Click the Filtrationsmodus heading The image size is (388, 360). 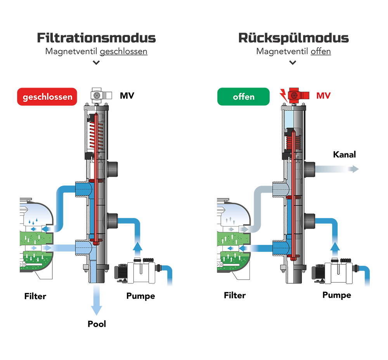click(x=96, y=38)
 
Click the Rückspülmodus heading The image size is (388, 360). click(x=293, y=38)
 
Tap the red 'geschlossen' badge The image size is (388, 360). click(x=47, y=97)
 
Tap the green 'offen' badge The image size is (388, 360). click(x=243, y=97)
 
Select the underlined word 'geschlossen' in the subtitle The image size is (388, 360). click(x=123, y=52)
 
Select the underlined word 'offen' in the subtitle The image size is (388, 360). click(x=320, y=52)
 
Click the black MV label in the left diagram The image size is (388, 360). click(x=127, y=96)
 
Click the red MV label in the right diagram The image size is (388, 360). click(x=323, y=96)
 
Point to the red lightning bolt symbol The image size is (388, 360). click(x=283, y=95)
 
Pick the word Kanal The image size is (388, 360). click(x=344, y=155)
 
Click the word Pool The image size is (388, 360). click(x=97, y=324)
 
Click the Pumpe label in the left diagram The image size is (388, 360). click(x=140, y=296)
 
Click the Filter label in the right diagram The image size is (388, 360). click(x=235, y=295)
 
